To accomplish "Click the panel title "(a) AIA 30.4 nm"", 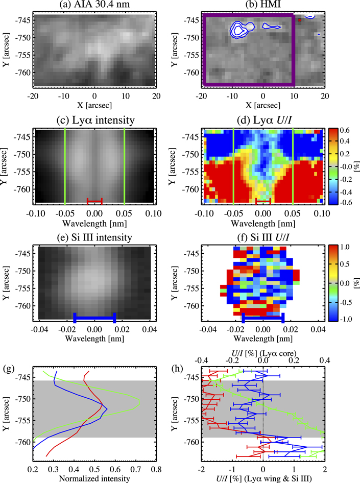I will coord(94,6).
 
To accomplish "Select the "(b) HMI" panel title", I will coord(262,6).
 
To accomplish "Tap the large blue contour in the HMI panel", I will coord(239,29).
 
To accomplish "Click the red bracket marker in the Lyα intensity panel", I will coord(94,200).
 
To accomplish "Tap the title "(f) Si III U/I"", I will coord(262,238).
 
